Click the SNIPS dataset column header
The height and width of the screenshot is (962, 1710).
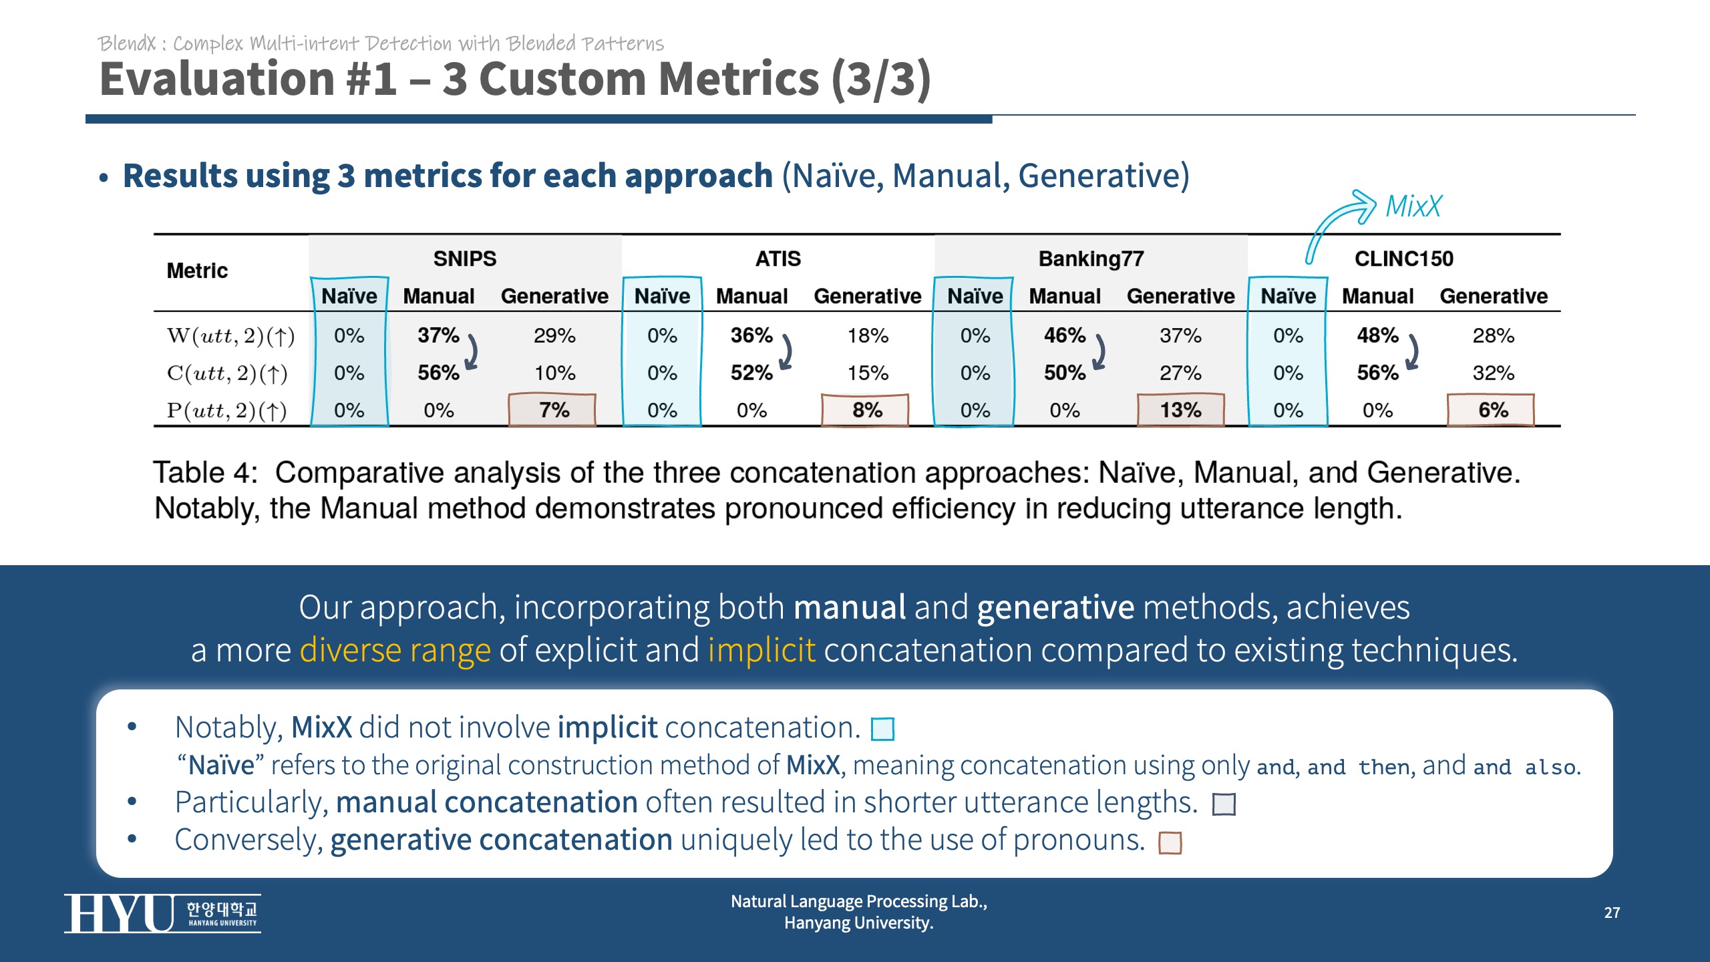(x=465, y=259)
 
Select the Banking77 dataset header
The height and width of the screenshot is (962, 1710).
(x=1091, y=259)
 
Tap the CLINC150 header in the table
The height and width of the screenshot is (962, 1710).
(x=1403, y=259)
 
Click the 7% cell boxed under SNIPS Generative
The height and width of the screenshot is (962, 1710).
(x=553, y=410)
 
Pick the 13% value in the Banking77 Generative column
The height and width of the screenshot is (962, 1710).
(x=1180, y=410)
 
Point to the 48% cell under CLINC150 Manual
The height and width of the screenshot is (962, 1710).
(x=1377, y=335)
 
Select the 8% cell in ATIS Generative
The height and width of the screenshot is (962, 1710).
(x=866, y=410)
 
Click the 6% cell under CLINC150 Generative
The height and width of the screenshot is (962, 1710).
(x=1492, y=410)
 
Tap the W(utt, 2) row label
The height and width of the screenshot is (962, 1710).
(x=230, y=336)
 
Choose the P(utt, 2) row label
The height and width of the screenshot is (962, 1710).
(x=226, y=411)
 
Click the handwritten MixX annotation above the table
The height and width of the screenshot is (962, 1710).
(x=1413, y=206)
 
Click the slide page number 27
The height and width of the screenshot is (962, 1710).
(x=1612, y=913)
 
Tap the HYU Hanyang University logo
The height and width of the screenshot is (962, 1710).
(x=162, y=913)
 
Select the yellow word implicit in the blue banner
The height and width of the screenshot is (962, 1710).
(x=761, y=650)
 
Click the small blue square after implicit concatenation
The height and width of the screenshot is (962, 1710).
(x=882, y=729)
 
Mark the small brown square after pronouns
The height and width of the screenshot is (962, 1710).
(x=1170, y=843)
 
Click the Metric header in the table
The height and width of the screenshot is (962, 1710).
(x=197, y=271)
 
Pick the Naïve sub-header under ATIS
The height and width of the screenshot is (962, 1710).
(x=662, y=296)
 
